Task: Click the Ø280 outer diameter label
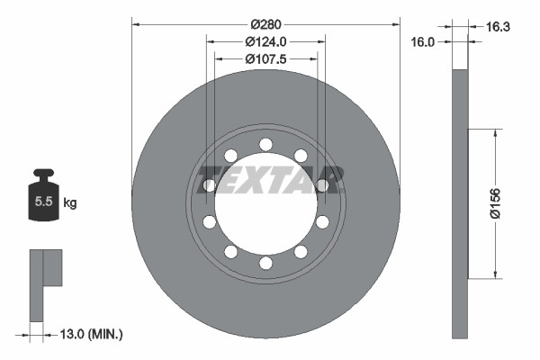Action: point(265,22)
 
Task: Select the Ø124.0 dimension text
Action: point(265,40)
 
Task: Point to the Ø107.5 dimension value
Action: point(265,58)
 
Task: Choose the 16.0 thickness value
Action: point(423,41)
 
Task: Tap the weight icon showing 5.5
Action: point(43,199)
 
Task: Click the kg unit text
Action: point(70,203)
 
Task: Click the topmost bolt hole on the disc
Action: point(265,144)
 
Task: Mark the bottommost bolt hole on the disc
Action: point(265,263)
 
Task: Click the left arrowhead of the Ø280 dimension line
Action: point(136,22)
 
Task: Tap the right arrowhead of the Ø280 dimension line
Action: point(395,22)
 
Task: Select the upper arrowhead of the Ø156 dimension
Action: point(494,132)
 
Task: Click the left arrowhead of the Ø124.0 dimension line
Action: point(211,40)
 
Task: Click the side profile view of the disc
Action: point(460,202)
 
